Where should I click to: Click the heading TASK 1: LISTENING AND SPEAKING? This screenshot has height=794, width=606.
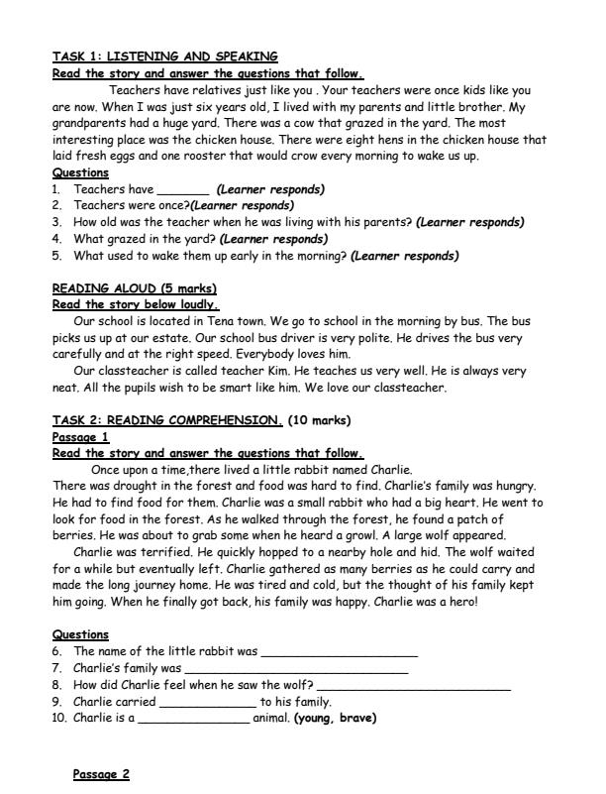(164, 57)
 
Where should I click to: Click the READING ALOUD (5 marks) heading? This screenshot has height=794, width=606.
(134, 288)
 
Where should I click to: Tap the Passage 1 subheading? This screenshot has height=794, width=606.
(80, 437)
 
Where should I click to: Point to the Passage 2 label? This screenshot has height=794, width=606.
(102, 774)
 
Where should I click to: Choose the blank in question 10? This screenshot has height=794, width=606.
(194, 720)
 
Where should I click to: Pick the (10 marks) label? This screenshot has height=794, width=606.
(319, 420)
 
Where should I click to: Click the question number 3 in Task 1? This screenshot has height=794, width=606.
(56, 223)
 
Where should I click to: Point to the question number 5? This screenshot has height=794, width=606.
(56, 256)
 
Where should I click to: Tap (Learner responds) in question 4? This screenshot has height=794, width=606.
(274, 239)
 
